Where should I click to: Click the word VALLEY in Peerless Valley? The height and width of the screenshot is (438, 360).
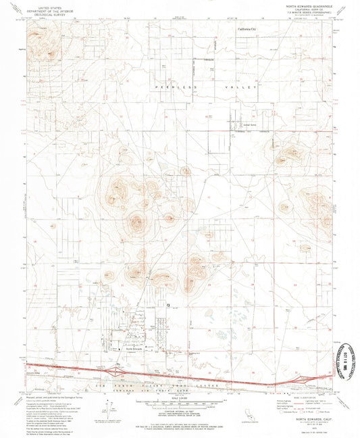[x=245, y=89]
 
